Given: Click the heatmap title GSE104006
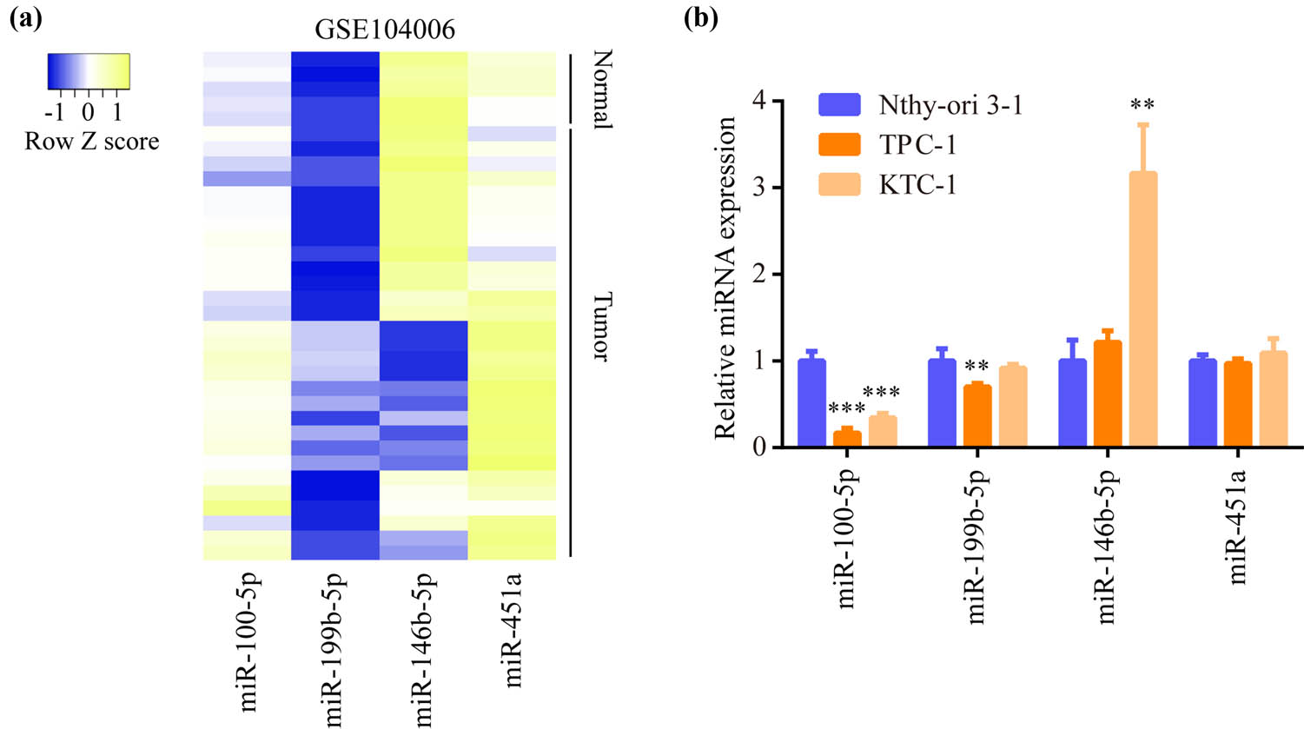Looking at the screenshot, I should click(x=384, y=30).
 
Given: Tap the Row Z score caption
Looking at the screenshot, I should click(x=91, y=142).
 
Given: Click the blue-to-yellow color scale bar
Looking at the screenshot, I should click(x=88, y=72).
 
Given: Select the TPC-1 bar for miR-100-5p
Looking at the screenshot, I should click(x=847, y=438).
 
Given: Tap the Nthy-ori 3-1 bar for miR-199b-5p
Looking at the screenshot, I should click(x=943, y=402).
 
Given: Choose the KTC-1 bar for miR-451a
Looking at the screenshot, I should click(x=1273, y=399).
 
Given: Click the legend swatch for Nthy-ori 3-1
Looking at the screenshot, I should click(x=839, y=106).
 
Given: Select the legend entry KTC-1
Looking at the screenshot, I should click(x=917, y=184).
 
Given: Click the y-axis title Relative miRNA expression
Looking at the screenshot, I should click(x=726, y=276).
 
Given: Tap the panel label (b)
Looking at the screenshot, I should click(x=701, y=19).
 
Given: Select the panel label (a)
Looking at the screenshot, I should click(x=25, y=19).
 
